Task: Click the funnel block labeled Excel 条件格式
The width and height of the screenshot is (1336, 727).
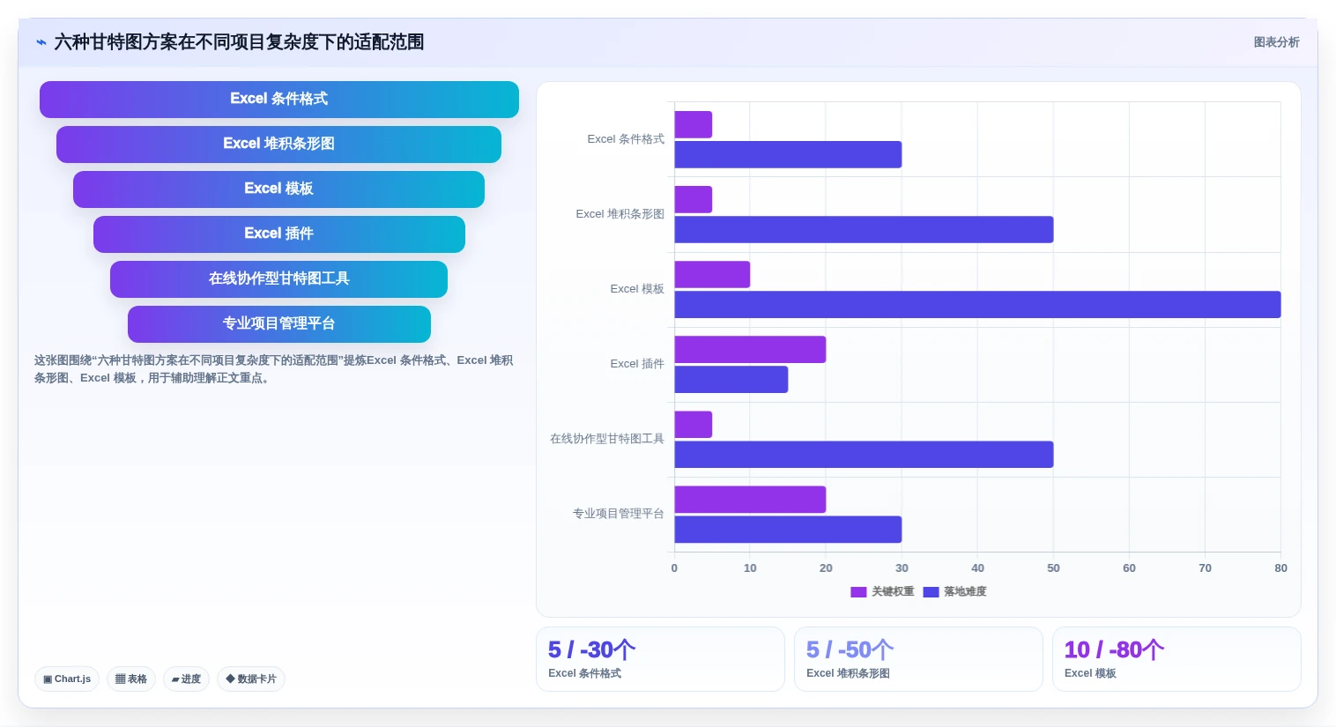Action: coord(279,99)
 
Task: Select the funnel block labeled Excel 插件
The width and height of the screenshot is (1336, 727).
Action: coord(279,234)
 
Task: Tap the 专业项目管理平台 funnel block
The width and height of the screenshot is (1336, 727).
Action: coord(279,323)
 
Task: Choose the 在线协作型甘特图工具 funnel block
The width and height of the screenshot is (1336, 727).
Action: coord(279,279)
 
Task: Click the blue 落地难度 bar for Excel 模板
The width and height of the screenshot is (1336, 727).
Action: coord(977,304)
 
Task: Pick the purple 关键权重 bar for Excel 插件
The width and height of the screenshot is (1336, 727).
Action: coord(750,350)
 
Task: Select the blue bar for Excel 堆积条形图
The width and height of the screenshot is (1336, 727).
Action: coord(864,230)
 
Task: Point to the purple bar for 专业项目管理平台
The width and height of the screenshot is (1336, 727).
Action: coord(750,499)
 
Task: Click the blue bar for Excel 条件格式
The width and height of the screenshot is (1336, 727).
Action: coord(788,154)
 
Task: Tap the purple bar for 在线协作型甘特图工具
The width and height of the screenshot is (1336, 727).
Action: coord(693,425)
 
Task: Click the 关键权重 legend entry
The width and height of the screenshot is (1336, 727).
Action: coord(882,591)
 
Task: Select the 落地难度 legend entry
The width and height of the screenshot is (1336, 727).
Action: coord(955,591)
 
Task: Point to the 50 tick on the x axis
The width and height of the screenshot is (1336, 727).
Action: coord(1053,568)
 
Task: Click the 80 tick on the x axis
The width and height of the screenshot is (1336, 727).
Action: coord(1280,568)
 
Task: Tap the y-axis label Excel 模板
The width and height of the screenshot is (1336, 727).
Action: coord(637,289)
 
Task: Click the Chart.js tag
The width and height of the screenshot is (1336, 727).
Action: coord(67,679)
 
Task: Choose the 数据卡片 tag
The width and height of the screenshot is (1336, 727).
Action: coord(251,679)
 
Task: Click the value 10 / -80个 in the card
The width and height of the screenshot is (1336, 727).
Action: coord(1114,649)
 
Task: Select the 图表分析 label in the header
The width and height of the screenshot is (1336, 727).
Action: coord(1276,42)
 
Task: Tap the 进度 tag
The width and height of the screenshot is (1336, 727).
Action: coord(186,679)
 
